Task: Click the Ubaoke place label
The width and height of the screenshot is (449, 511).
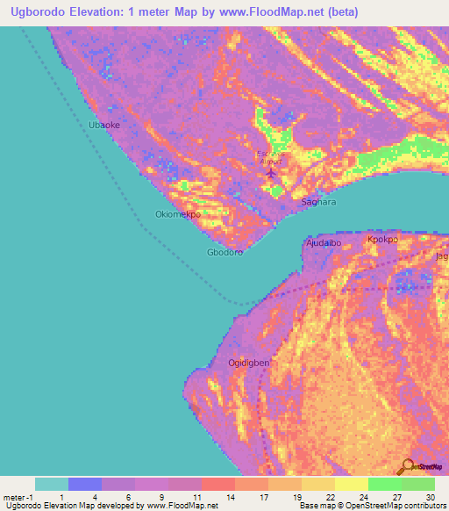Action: [x=103, y=126]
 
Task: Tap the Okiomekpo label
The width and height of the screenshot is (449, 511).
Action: [x=178, y=214]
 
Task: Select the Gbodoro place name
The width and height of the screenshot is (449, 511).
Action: [x=224, y=252]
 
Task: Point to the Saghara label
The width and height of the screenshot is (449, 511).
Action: [x=319, y=202]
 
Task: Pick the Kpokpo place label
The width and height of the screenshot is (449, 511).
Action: [x=383, y=239]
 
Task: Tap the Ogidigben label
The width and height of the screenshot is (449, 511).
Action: [x=249, y=363]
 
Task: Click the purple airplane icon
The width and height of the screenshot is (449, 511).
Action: [x=270, y=172]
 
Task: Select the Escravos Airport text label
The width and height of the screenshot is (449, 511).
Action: [x=270, y=157]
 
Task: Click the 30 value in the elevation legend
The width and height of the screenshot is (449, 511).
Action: [x=430, y=496]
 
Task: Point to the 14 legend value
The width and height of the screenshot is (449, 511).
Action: [x=231, y=496]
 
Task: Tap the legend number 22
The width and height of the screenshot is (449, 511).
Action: [x=331, y=496]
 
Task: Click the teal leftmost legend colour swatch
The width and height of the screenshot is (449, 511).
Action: [x=52, y=484]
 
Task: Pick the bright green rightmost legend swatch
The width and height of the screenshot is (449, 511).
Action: [x=417, y=484]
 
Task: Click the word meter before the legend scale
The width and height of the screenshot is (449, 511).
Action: [x=13, y=496]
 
